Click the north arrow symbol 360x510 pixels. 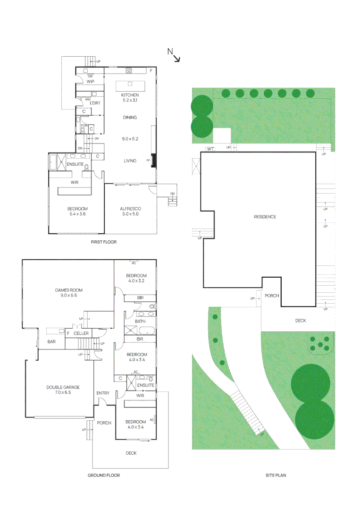point(174,55)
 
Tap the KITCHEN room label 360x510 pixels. point(129,95)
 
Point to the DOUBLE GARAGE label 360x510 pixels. point(63,387)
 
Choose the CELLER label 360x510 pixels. point(81,333)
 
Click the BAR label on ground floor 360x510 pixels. point(52,342)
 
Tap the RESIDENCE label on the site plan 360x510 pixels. point(265,217)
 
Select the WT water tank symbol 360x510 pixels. point(210,149)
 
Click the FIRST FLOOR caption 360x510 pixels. point(103,242)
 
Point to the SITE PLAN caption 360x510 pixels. point(276,475)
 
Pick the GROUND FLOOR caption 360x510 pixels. point(103,475)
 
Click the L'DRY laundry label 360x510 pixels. point(94,102)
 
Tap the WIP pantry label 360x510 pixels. point(91,81)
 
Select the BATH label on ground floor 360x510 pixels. point(140,322)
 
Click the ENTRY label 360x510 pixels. point(102,393)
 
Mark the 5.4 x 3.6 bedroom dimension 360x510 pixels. point(77,214)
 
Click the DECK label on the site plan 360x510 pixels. point(301,321)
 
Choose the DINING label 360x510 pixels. point(130,118)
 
